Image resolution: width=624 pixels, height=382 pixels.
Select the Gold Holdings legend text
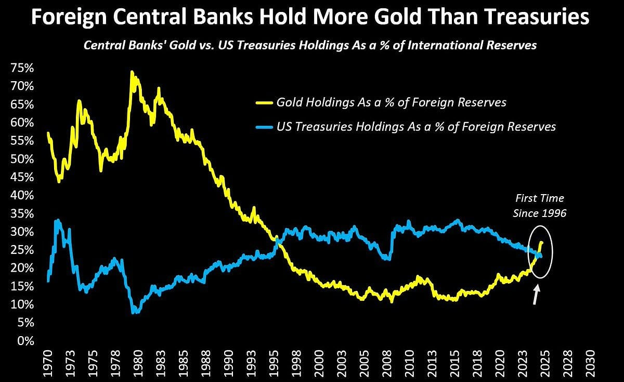pyautogui.click(x=391, y=102)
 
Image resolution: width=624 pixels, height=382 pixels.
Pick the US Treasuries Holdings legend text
pyautogui.click(x=416, y=127)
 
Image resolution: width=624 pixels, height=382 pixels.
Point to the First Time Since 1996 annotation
pyautogui.click(x=539, y=206)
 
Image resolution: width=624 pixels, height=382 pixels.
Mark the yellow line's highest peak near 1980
pyautogui.click(x=132, y=72)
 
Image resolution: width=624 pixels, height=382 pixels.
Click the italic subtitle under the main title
pyautogui.click(x=310, y=45)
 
